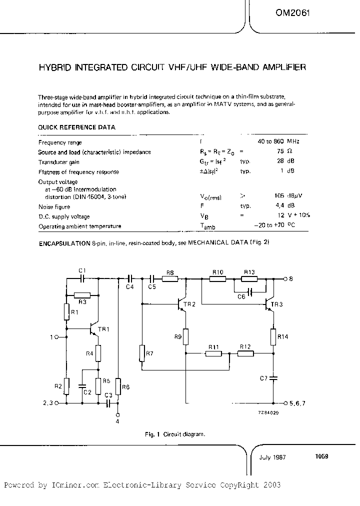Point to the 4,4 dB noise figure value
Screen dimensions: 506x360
click(x=290, y=206)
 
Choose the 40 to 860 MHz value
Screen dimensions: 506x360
click(x=278, y=142)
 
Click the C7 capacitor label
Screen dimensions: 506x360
click(x=264, y=377)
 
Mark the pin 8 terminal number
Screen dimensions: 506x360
click(x=291, y=278)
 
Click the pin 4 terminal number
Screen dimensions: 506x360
click(x=118, y=421)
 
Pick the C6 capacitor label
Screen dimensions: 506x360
click(x=241, y=296)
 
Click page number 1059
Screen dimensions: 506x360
click(x=321, y=456)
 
